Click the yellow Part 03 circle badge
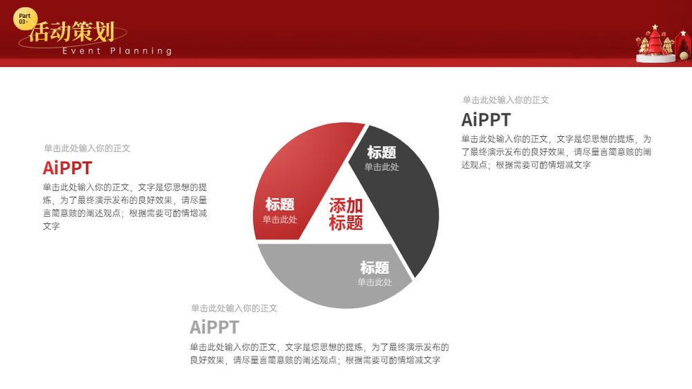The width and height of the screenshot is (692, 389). (25, 19)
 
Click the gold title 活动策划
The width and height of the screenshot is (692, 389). (72, 32)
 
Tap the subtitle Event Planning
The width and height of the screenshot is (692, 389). (117, 51)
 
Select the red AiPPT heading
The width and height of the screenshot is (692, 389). (67, 168)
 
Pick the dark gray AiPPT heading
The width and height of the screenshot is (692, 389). (486, 120)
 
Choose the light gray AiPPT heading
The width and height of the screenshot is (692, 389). (215, 328)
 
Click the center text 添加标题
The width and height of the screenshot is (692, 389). (345, 214)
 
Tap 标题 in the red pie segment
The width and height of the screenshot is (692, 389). (280, 205)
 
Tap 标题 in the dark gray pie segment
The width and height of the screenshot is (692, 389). (382, 153)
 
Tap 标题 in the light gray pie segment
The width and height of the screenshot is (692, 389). (374, 267)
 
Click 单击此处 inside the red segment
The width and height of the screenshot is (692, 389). (280, 220)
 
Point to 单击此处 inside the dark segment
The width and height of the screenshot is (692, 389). (382, 167)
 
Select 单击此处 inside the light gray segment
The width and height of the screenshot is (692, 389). (374, 282)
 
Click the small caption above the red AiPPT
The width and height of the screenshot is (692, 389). (87, 149)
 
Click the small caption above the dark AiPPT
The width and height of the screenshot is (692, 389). (506, 100)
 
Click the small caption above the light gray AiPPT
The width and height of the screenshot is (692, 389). (234, 308)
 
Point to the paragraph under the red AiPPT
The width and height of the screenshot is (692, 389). (125, 207)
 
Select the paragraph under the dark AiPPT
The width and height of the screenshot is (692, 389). (556, 152)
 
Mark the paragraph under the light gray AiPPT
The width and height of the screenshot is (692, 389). (320, 354)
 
